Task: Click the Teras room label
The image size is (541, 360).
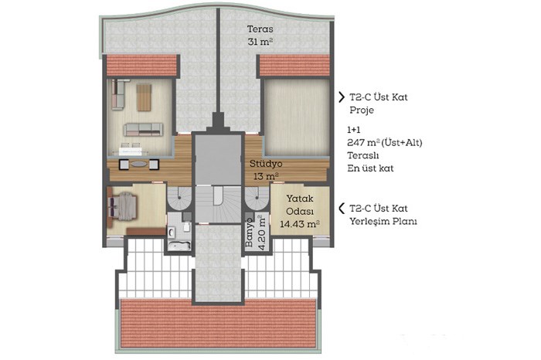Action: click(260, 29)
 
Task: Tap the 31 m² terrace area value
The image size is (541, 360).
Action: click(260, 42)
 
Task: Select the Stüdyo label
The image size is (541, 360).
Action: click(266, 164)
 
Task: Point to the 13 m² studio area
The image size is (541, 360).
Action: click(266, 177)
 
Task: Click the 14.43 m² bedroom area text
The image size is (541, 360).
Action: click(300, 224)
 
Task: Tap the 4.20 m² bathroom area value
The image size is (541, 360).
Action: click(262, 232)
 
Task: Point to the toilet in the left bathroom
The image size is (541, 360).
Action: click(186, 227)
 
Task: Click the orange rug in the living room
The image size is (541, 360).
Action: click(144, 97)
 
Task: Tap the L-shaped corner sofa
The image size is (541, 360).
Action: click(118, 94)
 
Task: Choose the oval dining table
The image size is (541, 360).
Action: click(138, 164)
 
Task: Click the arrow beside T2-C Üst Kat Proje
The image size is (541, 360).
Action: click(342, 97)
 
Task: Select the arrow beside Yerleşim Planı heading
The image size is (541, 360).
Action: click(342, 209)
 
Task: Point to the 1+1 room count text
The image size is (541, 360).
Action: click(354, 130)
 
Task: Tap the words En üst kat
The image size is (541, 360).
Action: click(370, 168)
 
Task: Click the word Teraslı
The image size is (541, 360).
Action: click(363, 155)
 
